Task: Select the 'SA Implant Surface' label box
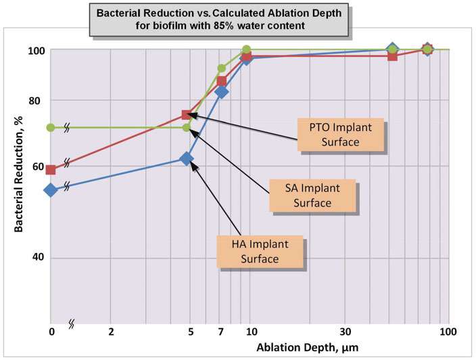313,195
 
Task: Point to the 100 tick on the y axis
37,50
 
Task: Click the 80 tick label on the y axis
38,101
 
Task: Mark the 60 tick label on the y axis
38,167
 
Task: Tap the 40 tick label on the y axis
38,258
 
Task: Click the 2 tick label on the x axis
110,332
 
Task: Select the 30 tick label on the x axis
345,332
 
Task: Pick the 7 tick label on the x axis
221,332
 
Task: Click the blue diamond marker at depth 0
51,190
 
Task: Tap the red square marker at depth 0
51,170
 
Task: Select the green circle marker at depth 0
51,127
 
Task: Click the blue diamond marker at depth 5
187,158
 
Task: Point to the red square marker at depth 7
221,81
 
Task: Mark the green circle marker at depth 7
221,68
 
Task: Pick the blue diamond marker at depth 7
221,92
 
